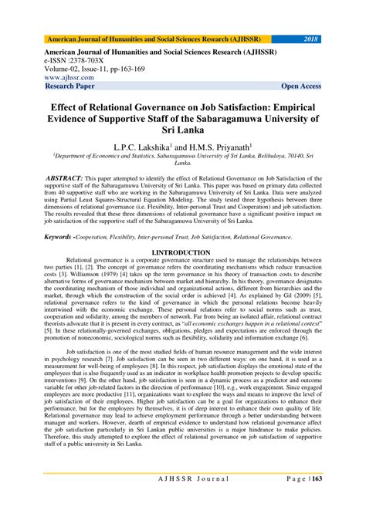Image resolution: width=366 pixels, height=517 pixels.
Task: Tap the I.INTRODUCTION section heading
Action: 183,252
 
